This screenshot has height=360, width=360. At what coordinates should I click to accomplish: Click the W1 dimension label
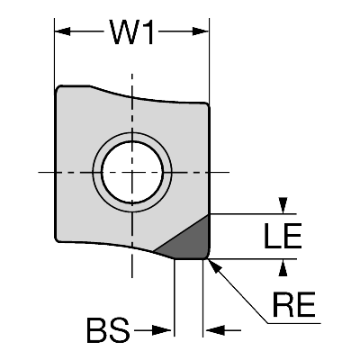click(x=131, y=32)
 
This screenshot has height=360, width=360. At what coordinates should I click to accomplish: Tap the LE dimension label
click(x=283, y=236)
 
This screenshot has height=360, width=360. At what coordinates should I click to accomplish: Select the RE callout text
click(x=293, y=304)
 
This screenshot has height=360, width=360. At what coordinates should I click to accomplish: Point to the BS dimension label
click(x=108, y=330)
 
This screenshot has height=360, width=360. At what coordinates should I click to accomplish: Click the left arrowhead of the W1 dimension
click(x=62, y=31)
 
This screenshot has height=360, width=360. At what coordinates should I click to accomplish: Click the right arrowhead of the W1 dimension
click(x=201, y=31)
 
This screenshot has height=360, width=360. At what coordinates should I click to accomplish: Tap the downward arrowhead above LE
click(x=283, y=205)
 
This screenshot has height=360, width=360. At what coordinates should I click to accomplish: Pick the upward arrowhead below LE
click(x=283, y=267)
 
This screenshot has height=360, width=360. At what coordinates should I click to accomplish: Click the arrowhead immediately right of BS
click(x=162, y=330)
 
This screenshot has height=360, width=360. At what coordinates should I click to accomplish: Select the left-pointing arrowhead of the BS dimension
click(x=215, y=330)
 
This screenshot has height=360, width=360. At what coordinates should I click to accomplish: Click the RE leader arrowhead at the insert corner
click(x=214, y=266)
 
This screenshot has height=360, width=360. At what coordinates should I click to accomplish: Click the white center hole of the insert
click(x=132, y=173)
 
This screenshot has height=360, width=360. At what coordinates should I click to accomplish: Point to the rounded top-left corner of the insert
click(x=58, y=89)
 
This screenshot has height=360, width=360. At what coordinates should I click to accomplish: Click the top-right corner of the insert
click(x=206, y=105)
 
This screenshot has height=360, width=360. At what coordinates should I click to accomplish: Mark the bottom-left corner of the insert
click(x=58, y=239)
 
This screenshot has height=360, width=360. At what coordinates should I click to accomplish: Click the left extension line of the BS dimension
click(x=175, y=298)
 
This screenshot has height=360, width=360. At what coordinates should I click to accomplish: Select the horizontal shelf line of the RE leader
click(x=294, y=323)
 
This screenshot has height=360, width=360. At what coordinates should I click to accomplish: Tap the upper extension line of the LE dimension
click(x=253, y=214)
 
